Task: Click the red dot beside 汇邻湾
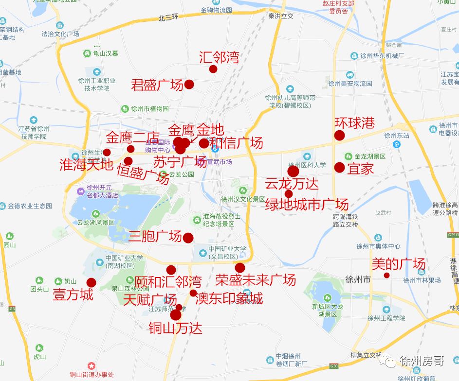[213, 69]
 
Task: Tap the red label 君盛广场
[157, 85]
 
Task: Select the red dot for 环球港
[339, 136]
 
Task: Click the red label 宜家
[361, 169]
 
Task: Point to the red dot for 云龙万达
[293, 171]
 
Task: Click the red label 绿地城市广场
[307, 205]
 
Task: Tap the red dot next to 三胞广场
[188, 238]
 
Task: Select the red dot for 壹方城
[91, 282]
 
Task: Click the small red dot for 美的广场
[386, 276]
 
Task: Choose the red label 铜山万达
[176, 328]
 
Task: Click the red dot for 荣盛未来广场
[239, 268]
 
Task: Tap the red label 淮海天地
[86, 165]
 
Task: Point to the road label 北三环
[168, 18]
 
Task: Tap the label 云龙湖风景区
[95, 223]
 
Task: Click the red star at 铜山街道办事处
[91, 365]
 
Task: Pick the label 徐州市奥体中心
[378, 246]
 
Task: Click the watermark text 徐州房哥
[422, 361]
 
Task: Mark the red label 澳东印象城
[229, 298]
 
